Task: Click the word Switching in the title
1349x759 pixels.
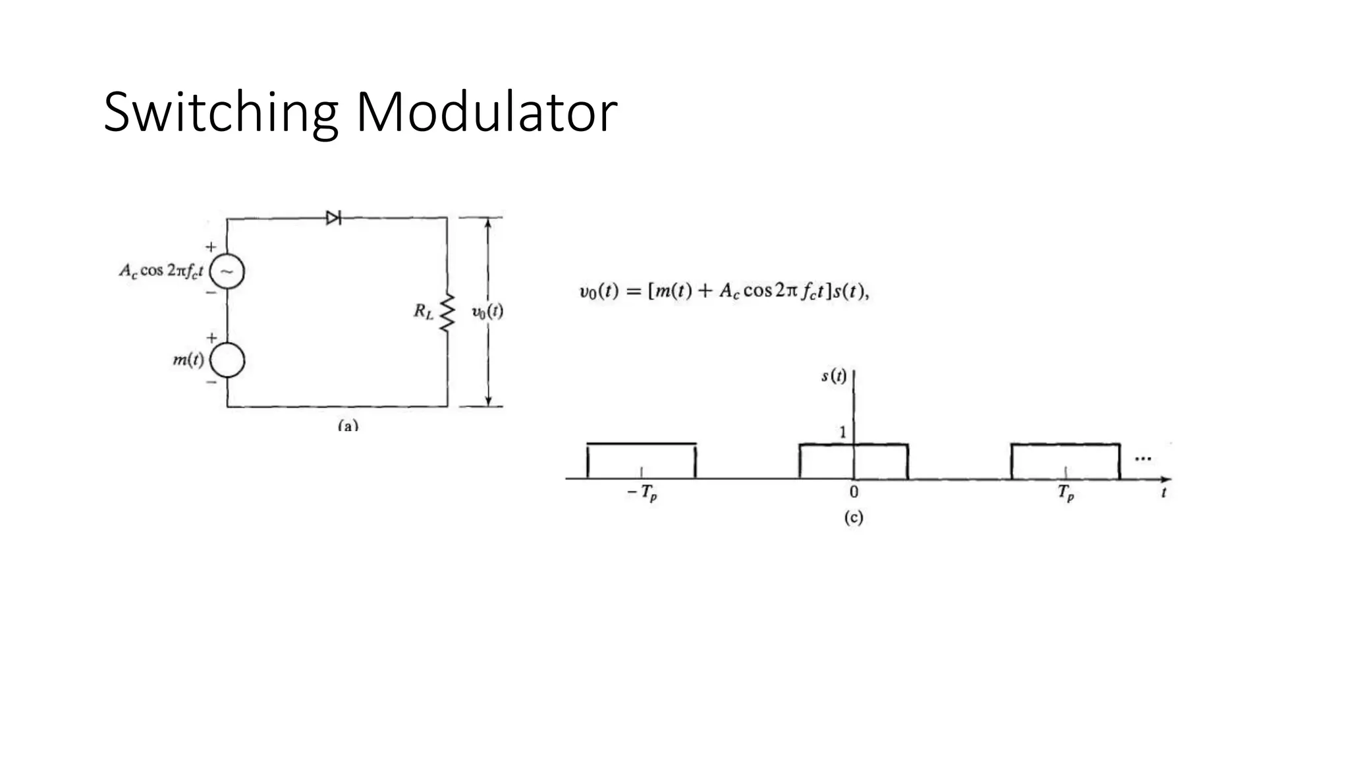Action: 221,113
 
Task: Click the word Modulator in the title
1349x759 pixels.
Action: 486,113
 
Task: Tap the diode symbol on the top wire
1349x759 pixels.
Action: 333,217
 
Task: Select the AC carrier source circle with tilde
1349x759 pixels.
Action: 227,271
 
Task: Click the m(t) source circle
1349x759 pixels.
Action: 227,360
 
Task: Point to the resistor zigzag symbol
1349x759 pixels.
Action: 447,312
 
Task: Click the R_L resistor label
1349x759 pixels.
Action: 424,311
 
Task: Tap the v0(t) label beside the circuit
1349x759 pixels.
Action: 487,312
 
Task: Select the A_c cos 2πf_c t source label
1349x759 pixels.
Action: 161,271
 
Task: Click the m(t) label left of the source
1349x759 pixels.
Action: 188,360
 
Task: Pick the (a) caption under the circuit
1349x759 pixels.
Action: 348,426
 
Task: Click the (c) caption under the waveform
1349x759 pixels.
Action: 853,518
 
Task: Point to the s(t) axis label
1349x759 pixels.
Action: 834,376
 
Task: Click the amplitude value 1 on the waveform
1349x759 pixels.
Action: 842,432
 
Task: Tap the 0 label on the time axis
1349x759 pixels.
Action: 854,492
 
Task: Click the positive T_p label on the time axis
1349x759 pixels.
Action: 1066,493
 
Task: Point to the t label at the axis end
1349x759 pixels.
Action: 1164,492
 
